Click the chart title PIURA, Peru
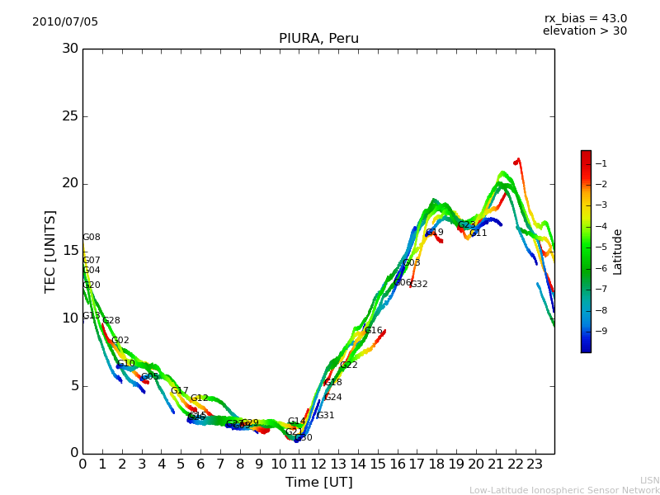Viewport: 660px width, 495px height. pyautogui.click(x=318, y=39)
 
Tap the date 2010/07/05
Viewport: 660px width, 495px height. pyautogui.click(x=65, y=22)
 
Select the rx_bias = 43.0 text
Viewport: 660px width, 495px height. pyautogui.click(x=585, y=19)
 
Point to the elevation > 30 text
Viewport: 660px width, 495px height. pyautogui.click(x=584, y=31)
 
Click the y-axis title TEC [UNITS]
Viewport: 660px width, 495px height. pyautogui.click(x=50, y=251)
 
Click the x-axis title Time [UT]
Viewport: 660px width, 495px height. pyautogui.click(x=318, y=483)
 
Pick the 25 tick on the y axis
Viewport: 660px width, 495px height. pyautogui.click(x=70, y=116)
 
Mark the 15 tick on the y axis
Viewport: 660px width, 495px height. pyautogui.click(x=70, y=251)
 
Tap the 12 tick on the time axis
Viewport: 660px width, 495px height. pyautogui.click(x=318, y=464)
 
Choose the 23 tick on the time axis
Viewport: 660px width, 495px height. pyautogui.click(x=535, y=464)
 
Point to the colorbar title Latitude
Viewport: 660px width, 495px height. pyautogui.click(x=618, y=251)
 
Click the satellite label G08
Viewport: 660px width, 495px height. pyautogui.click(x=91, y=238)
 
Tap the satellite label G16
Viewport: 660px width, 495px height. pyautogui.click(x=374, y=331)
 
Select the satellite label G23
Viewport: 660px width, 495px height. pyautogui.click(x=467, y=225)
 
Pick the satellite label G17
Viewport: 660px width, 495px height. pyautogui.click(x=180, y=391)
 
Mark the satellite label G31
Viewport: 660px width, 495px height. pyautogui.click(x=326, y=416)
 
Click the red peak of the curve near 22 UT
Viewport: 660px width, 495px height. pyautogui.click(x=517, y=160)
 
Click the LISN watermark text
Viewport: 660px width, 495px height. pyautogui.click(x=649, y=480)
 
